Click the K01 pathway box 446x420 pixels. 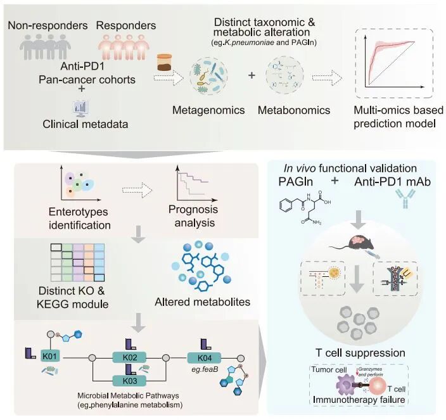(50, 356)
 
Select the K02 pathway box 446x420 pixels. (129, 357)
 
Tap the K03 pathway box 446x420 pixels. (129, 381)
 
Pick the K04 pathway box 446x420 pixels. (204, 358)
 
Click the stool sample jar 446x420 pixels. (165, 62)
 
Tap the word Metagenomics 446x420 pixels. (208, 110)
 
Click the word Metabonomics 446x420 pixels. (294, 110)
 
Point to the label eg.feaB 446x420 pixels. (205, 370)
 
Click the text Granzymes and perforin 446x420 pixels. (371, 372)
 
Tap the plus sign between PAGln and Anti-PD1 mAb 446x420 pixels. (334, 181)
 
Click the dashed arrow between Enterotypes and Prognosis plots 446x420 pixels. (137, 190)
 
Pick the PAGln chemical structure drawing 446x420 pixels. (305, 207)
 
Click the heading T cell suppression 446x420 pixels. (360, 353)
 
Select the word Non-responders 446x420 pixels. (48, 25)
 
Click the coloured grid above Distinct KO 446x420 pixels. (77, 262)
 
